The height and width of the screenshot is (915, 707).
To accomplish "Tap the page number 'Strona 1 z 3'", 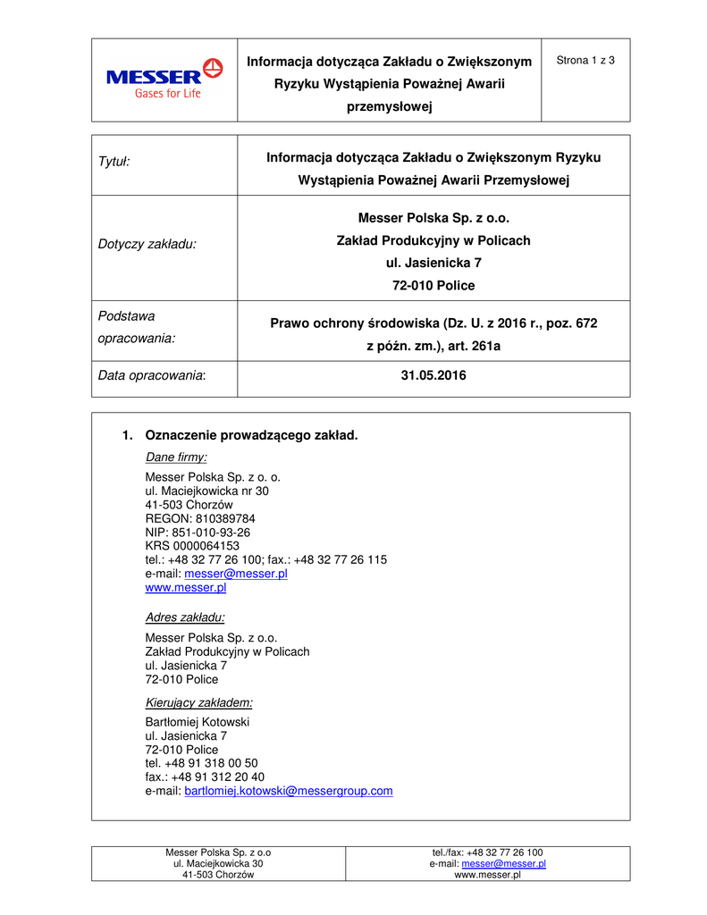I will point(585,61).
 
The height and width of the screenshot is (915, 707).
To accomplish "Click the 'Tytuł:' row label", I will point(114,161).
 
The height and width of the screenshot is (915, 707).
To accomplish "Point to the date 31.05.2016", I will point(433,376).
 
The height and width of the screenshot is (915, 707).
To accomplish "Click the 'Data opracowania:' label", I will point(151,376).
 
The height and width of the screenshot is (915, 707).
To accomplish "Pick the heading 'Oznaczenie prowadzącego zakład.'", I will point(250,435).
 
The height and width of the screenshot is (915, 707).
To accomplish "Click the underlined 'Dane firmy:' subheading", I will point(176,457).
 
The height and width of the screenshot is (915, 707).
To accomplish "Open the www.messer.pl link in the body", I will point(185,587).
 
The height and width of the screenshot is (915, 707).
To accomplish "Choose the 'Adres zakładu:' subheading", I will point(184,617).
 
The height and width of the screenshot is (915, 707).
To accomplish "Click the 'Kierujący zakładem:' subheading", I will point(198,702).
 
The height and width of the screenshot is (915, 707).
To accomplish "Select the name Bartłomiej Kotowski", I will point(197,722).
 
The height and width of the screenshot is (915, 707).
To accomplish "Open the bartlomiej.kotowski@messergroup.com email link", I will point(288,791).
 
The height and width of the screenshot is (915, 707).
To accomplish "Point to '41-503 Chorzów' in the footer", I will point(218,876).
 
